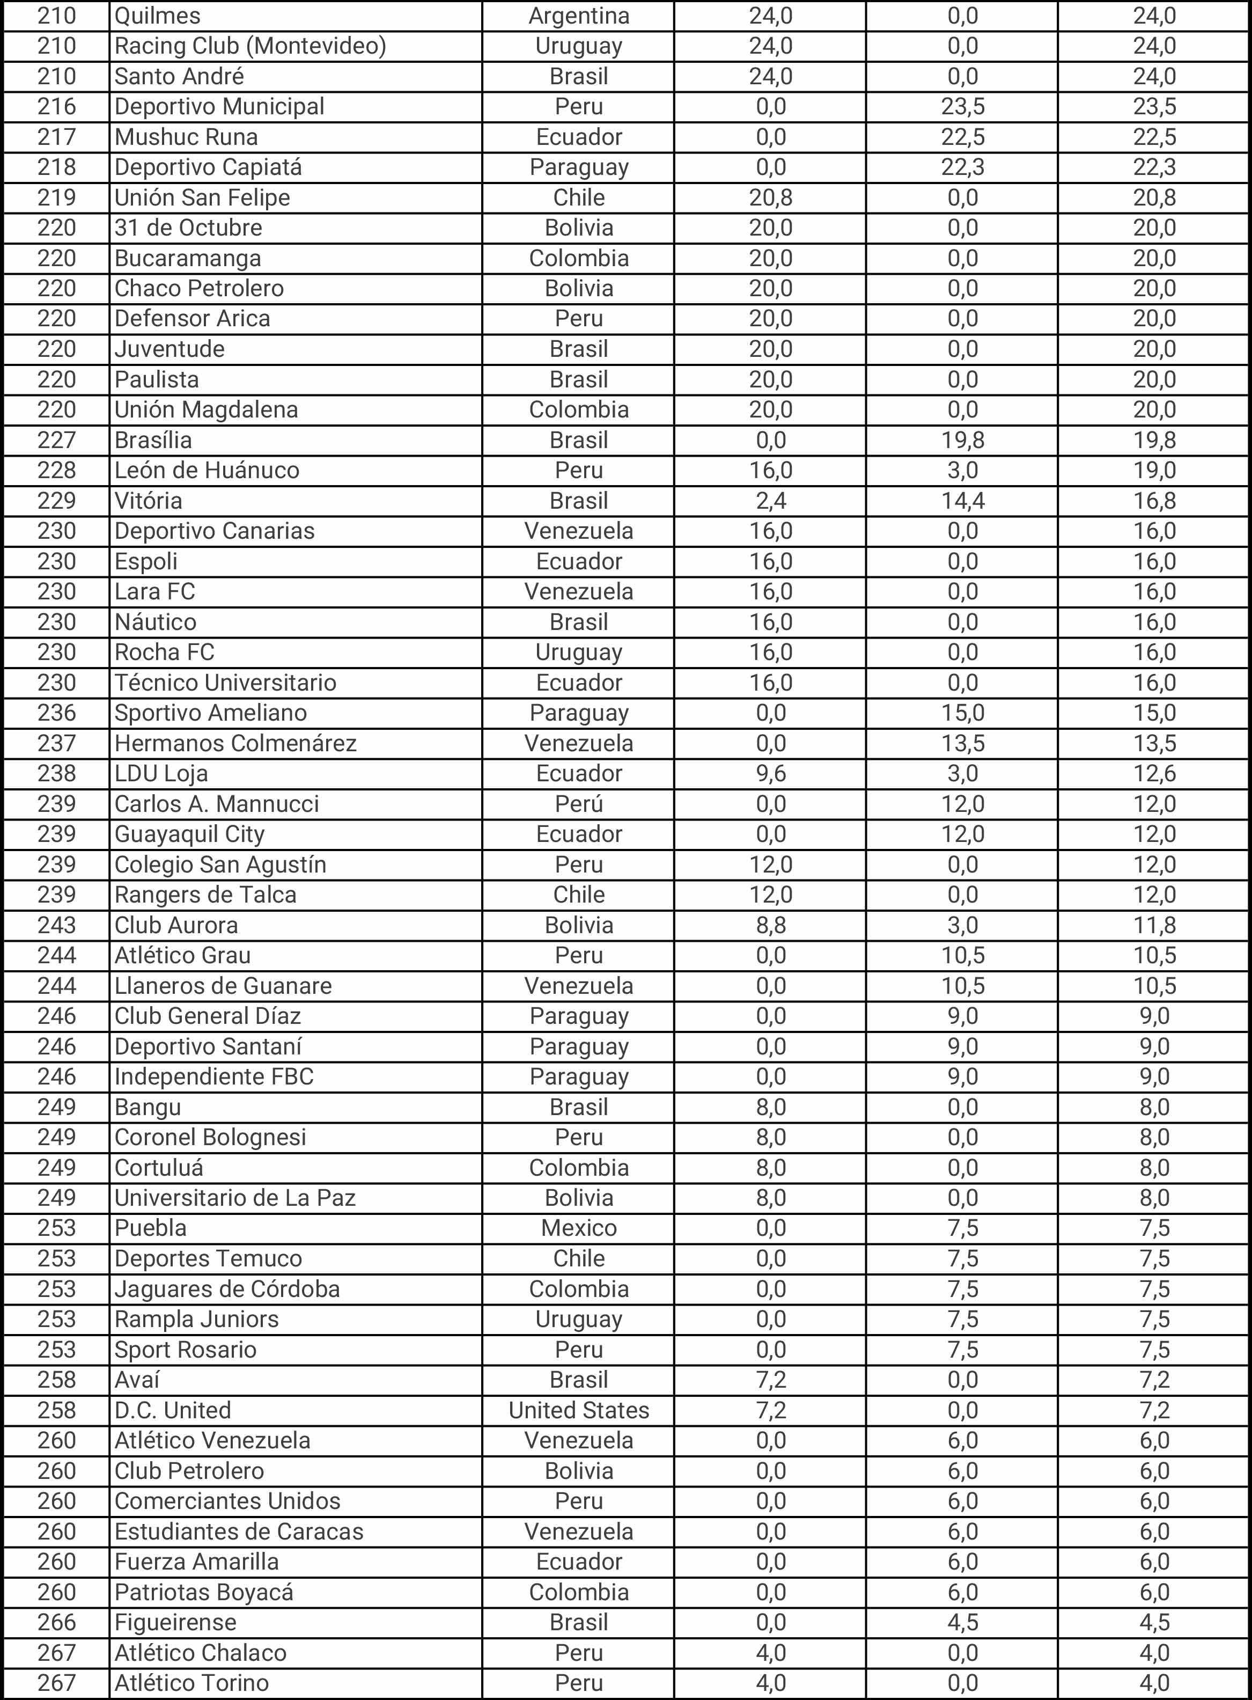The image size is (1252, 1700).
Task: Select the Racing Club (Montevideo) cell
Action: pyautogui.click(x=250, y=46)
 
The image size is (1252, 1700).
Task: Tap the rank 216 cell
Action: pyautogui.click(x=57, y=106)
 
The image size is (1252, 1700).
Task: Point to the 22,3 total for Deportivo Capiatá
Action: pyautogui.click(x=1154, y=167)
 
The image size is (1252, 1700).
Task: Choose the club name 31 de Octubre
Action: pyautogui.click(x=189, y=228)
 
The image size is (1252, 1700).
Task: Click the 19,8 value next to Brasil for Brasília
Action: pyautogui.click(x=962, y=440)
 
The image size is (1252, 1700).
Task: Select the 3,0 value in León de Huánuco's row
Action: pyautogui.click(x=962, y=470)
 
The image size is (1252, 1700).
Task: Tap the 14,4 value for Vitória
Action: pyautogui.click(x=962, y=501)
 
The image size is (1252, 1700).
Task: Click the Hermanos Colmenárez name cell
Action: pyautogui.click(x=235, y=743)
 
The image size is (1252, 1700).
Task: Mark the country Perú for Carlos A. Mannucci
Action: pyautogui.click(x=578, y=804)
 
